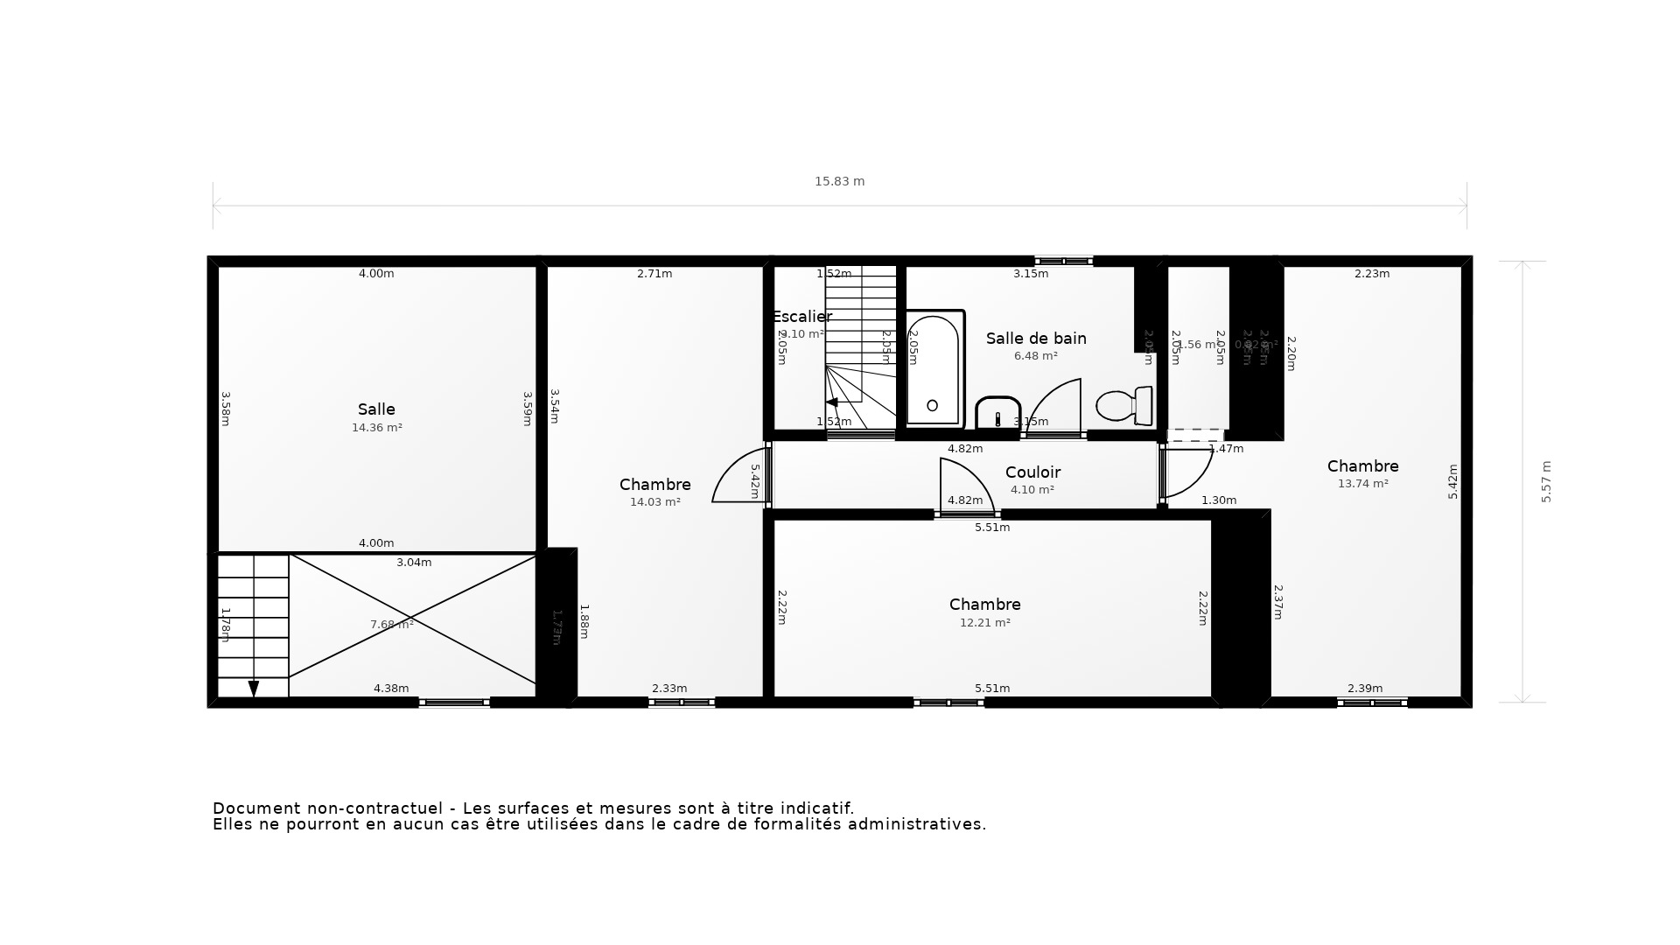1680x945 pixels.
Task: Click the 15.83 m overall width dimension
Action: [x=839, y=181]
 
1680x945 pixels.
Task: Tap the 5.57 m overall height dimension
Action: [x=1546, y=481]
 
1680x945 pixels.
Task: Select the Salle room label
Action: [x=376, y=409]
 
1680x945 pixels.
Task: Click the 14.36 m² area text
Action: [x=376, y=428]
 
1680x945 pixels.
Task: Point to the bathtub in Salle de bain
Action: [x=934, y=367]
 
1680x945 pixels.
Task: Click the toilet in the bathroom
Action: [x=1123, y=406]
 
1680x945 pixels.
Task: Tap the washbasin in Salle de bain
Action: [x=998, y=412]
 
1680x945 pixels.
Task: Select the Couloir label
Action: [x=1032, y=472]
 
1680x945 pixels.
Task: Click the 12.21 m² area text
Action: [x=984, y=623]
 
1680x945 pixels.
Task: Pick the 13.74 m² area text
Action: [x=1362, y=484]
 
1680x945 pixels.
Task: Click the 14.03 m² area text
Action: [x=654, y=502]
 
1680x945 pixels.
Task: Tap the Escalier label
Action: [x=801, y=317]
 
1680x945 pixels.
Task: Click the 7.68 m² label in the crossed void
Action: [x=391, y=625]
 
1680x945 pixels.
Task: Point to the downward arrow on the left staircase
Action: [x=254, y=689]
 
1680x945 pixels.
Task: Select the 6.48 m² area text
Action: [x=1035, y=356]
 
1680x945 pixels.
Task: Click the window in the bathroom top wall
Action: [x=1063, y=261]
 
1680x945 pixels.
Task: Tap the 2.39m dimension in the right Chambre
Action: [x=1364, y=689]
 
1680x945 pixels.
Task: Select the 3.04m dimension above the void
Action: [x=414, y=563]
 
